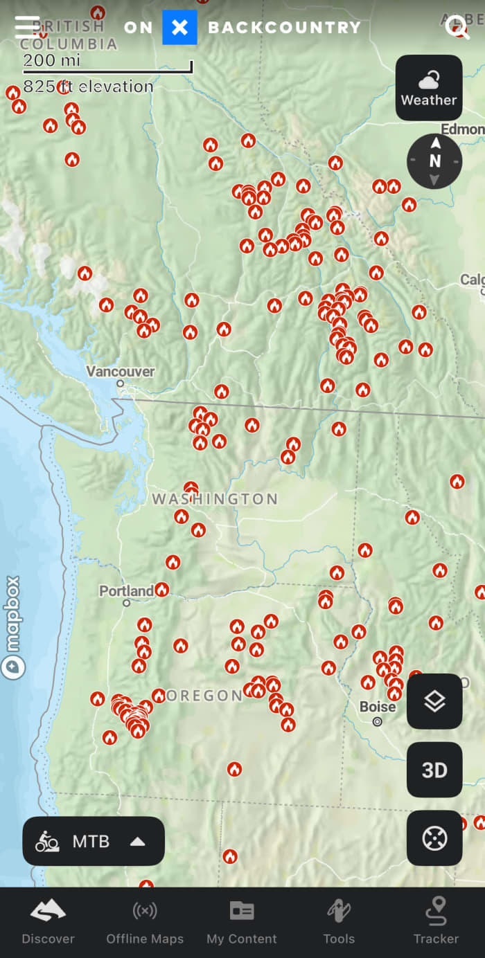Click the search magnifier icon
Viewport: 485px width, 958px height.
pyautogui.click(x=457, y=27)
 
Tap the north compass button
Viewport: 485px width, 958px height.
pyautogui.click(x=434, y=161)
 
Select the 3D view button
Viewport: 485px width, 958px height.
pyautogui.click(x=434, y=770)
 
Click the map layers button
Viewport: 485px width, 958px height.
pyautogui.click(x=434, y=701)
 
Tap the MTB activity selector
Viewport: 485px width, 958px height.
pyautogui.click(x=94, y=841)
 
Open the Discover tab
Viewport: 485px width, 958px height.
pyautogui.click(x=48, y=922)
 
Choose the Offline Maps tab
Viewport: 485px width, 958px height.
pyautogui.click(x=145, y=922)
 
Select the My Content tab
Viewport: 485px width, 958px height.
pyautogui.click(x=242, y=922)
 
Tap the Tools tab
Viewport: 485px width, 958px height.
pyautogui.click(x=339, y=922)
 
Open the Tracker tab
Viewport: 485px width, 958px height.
pyautogui.click(x=436, y=922)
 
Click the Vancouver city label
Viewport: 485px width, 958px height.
pyautogui.click(x=121, y=372)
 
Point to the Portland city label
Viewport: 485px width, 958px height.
pyautogui.click(x=126, y=591)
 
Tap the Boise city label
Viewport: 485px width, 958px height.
pyautogui.click(x=378, y=707)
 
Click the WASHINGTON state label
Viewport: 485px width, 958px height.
pyautogui.click(x=215, y=498)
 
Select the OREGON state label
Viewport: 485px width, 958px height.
pyautogui.click(x=204, y=696)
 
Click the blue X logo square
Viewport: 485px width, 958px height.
pyautogui.click(x=179, y=28)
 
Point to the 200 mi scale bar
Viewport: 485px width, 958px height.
pyautogui.click(x=107, y=66)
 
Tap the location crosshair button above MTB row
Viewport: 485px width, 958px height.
pyautogui.click(x=434, y=838)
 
